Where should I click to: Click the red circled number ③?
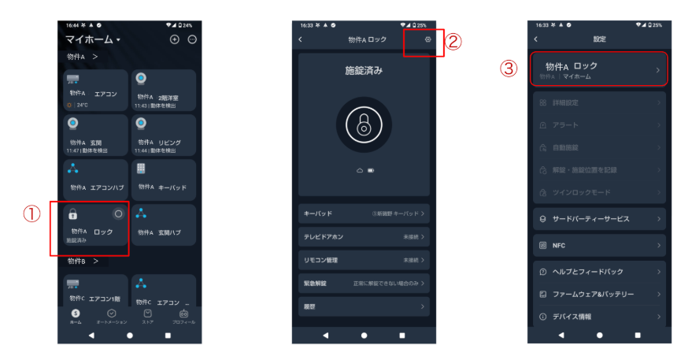(x=509, y=69)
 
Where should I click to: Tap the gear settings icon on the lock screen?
(x=427, y=39)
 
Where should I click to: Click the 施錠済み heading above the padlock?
(x=364, y=71)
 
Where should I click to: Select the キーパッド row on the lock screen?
(x=364, y=213)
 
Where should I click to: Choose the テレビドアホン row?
(x=364, y=236)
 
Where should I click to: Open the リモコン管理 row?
(x=364, y=259)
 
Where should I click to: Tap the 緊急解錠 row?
(x=364, y=282)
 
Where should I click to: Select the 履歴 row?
(x=364, y=306)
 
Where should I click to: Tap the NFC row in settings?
(x=599, y=246)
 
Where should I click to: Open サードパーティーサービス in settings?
(x=599, y=219)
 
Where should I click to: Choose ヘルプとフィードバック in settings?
(x=599, y=272)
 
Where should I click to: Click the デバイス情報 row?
(x=599, y=317)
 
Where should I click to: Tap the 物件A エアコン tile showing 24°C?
(x=96, y=91)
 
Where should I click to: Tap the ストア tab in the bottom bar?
(x=147, y=317)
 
